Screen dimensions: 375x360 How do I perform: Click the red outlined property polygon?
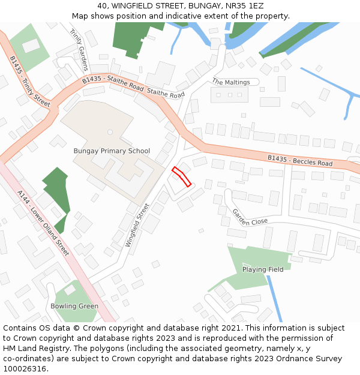(182, 176)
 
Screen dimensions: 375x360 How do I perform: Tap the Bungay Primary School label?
(112, 151)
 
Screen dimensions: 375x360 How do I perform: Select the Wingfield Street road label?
(137, 225)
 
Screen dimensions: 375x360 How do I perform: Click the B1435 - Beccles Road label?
(300, 160)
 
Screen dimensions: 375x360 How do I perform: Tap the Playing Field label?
(263, 269)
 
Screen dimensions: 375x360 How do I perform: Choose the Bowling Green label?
(74, 306)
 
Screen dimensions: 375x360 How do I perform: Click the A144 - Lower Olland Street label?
(43, 223)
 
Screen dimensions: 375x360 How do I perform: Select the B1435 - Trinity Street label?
(30, 81)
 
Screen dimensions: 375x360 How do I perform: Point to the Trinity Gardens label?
(79, 49)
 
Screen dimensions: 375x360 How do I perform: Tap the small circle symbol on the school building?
(110, 131)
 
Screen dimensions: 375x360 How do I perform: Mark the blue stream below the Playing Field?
(274, 300)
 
